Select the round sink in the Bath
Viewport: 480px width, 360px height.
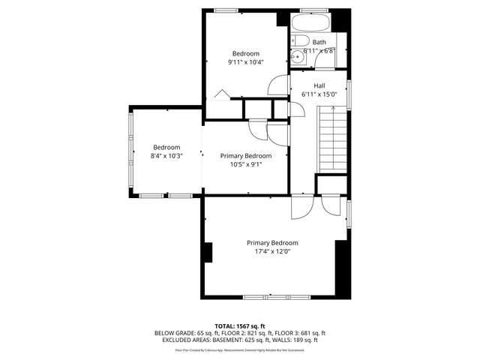pos(297,55)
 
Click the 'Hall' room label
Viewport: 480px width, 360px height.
pos(319,85)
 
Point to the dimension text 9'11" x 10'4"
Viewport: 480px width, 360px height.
pos(245,62)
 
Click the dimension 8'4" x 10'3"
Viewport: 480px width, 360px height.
pos(166,156)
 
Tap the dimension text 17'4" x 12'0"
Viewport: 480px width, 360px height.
pos(272,252)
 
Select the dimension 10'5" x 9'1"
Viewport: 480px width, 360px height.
pos(245,164)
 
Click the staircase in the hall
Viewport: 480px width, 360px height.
pos(331,139)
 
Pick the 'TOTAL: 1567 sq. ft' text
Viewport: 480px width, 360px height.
pos(240,325)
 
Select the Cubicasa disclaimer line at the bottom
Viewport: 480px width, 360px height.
pos(240,349)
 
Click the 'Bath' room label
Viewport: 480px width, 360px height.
pos(319,43)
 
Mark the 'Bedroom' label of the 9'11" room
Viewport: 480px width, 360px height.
pos(245,53)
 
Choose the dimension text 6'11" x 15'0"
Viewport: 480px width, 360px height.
pos(319,94)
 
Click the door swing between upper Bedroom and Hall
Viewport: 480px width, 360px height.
pos(279,85)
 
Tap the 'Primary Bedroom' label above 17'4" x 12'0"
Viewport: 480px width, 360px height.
pos(272,243)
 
